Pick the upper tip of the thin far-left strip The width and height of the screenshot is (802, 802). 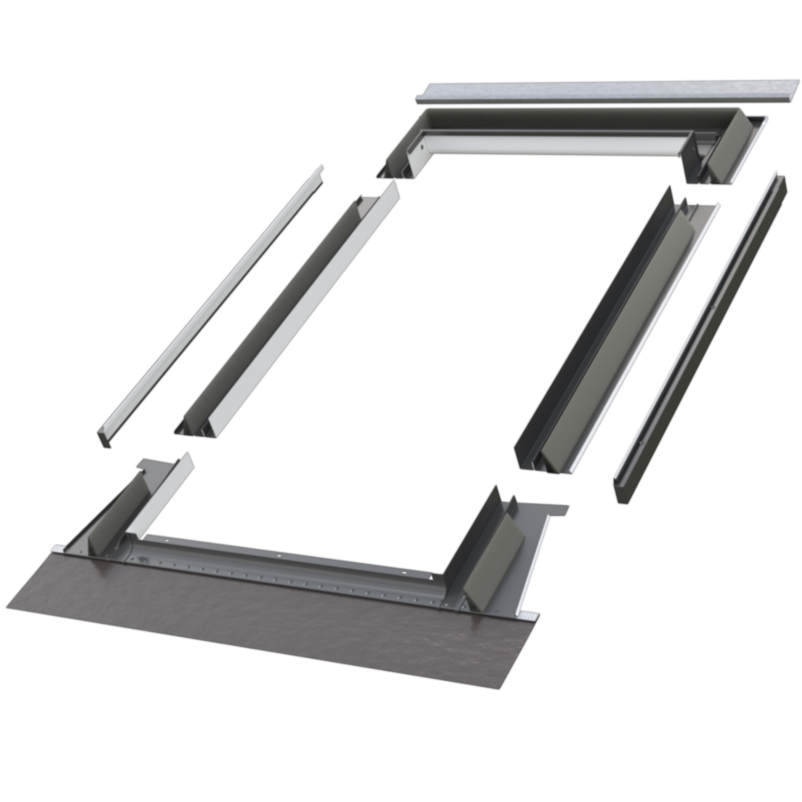pos(319,169)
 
